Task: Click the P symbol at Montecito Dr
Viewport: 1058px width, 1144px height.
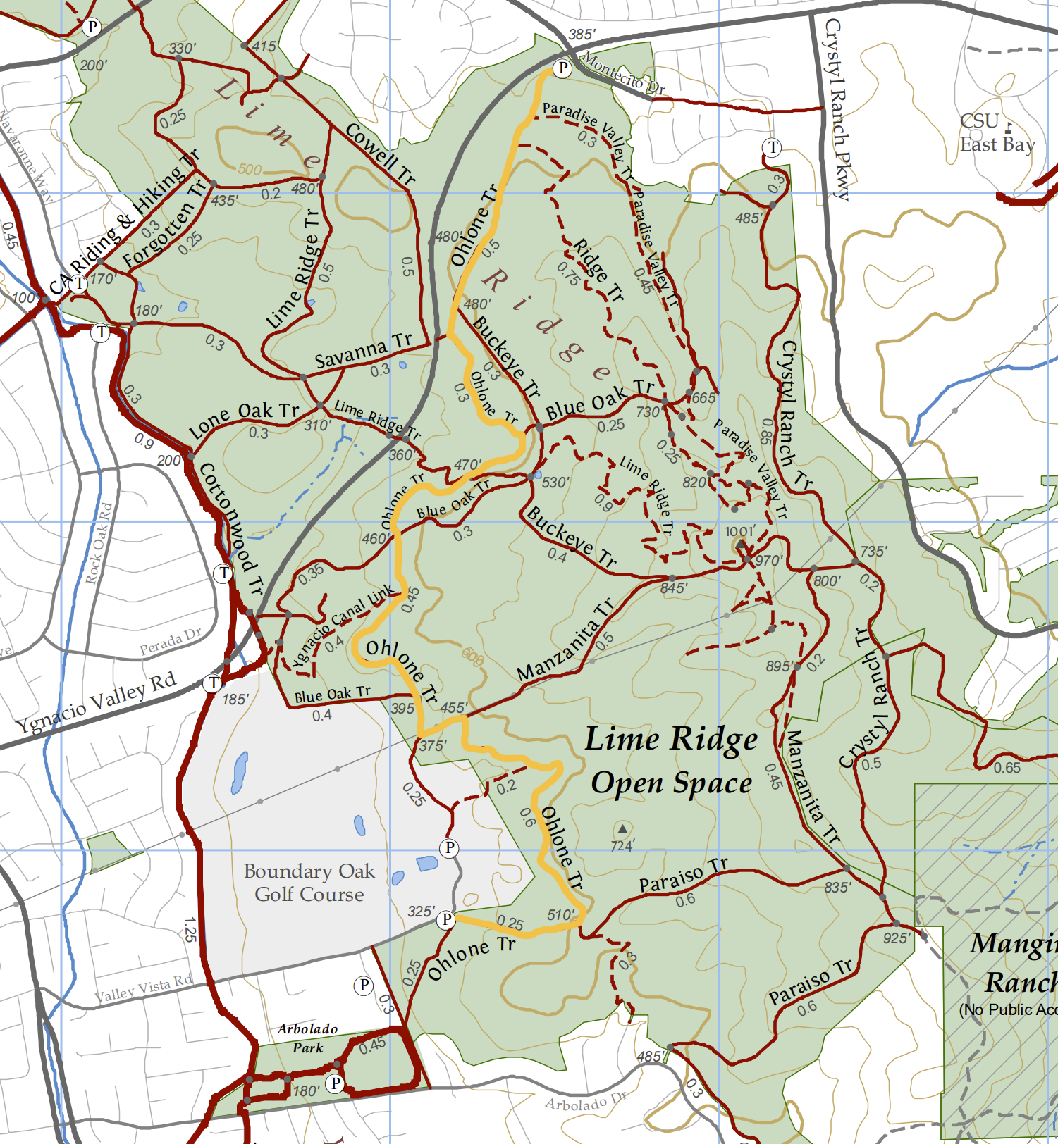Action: coord(562,68)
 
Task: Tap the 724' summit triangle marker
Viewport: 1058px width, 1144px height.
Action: coord(622,828)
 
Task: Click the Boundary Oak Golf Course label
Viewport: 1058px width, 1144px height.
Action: coord(309,883)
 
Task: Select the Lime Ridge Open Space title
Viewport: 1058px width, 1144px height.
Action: coord(671,761)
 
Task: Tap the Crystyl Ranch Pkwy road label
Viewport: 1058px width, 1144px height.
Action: coord(837,109)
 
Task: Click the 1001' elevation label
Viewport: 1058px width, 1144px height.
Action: coord(740,531)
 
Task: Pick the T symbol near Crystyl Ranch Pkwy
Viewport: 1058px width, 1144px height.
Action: coord(773,148)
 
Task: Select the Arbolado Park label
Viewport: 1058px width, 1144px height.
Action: coord(307,1038)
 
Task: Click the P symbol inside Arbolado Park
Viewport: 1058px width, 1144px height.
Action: coord(336,1083)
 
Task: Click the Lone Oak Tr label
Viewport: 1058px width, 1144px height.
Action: coord(244,420)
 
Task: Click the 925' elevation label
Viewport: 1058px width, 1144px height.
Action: coord(897,938)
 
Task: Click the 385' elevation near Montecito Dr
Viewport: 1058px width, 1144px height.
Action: coord(582,35)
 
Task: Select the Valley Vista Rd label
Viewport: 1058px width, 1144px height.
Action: coord(144,988)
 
